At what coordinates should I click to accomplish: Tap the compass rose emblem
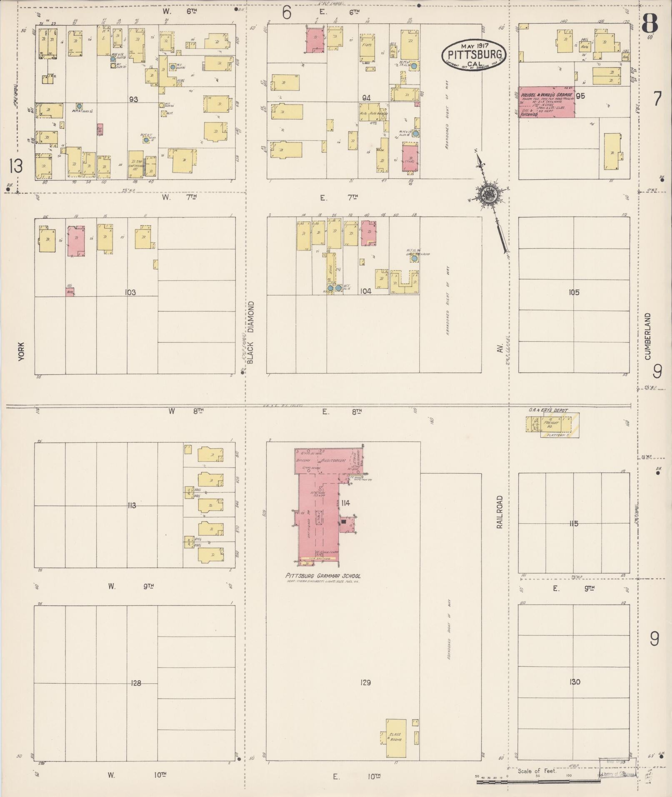pyautogui.click(x=486, y=194)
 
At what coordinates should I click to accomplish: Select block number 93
pyautogui.click(x=134, y=100)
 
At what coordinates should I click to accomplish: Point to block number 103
pyautogui.click(x=130, y=292)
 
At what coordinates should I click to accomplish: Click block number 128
pyautogui.click(x=136, y=683)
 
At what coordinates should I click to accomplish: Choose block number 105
pyautogui.click(x=574, y=292)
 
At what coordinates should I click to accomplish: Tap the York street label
pyautogui.click(x=22, y=351)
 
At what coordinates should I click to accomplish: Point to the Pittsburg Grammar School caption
pyautogui.click(x=323, y=576)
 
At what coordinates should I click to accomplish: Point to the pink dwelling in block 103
pyautogui.click(x=76, y=241)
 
